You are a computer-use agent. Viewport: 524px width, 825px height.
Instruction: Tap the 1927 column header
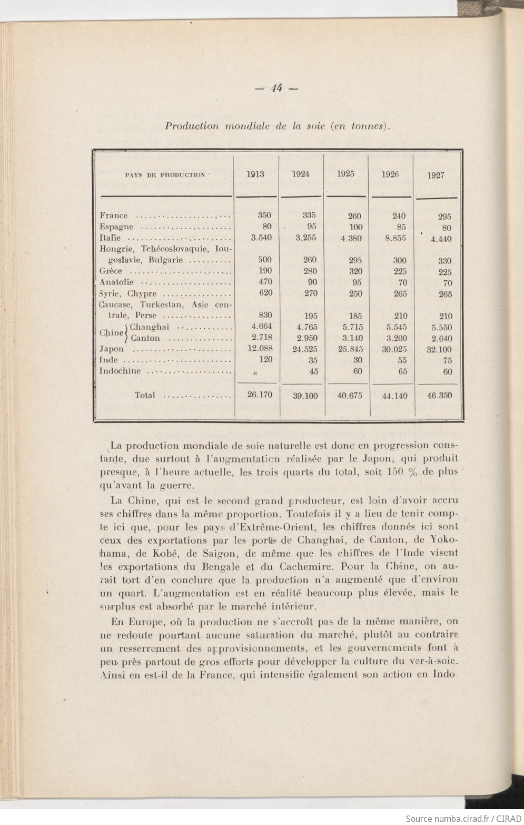tap(436, 175)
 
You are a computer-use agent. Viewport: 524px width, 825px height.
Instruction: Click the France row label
tap(114, 215)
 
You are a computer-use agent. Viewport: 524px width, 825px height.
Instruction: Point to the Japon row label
tap(112, 349)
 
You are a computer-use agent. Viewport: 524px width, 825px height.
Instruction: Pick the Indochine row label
tap(120, 371)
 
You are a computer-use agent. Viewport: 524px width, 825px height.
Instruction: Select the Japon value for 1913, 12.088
tap(260, 348)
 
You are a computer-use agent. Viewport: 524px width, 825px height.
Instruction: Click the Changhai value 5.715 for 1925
tap(351, 327)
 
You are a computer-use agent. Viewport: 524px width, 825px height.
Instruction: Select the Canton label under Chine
tap(145, 338)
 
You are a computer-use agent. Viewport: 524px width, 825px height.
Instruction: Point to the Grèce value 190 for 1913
tap(264, 271)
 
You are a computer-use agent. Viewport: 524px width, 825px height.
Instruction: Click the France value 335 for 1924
tap(309, 215)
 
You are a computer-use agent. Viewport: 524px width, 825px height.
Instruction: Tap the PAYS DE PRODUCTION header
tap(165, 175)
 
